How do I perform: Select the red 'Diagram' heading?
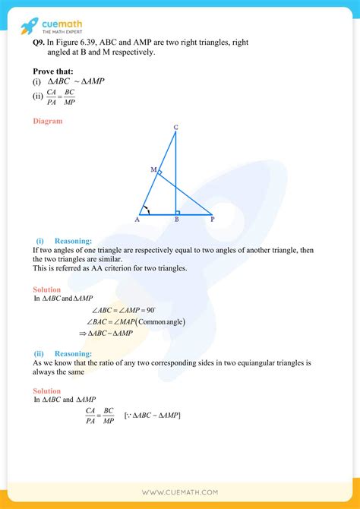pyautogui.click(x=47, y=121)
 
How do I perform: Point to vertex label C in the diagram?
pyautogui.click(x=175, y=127)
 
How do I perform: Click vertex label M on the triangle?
pyautogui.click(x=153, y=169)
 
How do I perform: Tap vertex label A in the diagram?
pyautogui.click(x=137, y=220)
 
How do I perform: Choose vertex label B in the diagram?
pyautogui.click(x=176, y=220)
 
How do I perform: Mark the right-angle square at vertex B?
pyautogui.click(x=177, y=213)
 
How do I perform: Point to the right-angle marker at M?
pyautogui.click(x=159, y=173)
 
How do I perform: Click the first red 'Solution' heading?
pyautogui.click(x=46, y=289)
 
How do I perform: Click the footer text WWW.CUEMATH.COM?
pyautogui.click(x=180, y=492)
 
